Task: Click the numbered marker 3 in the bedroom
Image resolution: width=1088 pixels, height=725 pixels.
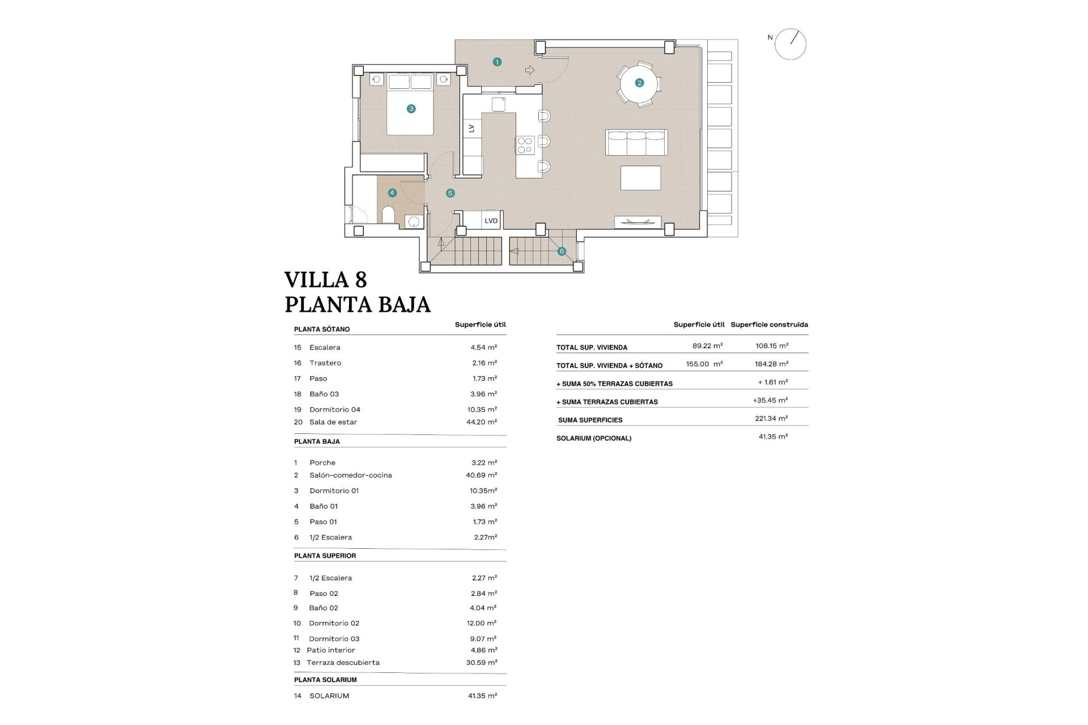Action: pos(411,109)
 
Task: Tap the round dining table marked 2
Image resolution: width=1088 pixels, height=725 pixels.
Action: pos(639,83)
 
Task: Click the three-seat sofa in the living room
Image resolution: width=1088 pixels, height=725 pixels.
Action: pos(636,143)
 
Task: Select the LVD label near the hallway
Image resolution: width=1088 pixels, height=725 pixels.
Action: pos(491,221)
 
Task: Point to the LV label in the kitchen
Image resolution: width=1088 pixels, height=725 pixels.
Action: pos(471,129)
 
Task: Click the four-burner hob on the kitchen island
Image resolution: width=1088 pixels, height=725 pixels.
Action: pos(525,146)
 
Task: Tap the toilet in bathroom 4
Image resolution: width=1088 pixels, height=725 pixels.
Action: pos(389,215)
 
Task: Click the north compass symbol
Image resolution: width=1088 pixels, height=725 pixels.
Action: pos(790,44)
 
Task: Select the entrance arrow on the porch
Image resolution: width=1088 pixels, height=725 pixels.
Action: pos(530,70)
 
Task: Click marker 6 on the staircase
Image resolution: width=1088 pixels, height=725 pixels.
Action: pos(562,251)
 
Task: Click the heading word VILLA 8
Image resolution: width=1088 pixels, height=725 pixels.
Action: pos(325,280)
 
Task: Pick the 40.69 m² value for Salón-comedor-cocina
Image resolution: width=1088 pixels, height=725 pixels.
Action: pos(481,475)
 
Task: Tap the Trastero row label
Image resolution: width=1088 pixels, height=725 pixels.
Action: pos(325,363)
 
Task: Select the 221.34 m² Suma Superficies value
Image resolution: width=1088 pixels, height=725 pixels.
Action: pos(771,419)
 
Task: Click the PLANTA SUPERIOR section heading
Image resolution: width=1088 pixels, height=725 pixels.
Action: pos(325,556)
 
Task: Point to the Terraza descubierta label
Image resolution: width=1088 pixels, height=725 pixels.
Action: pos(343,663)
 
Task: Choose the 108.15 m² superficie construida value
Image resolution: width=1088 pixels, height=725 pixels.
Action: pos(772,346)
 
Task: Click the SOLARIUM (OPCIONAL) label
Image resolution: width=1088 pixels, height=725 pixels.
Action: pos(593,438)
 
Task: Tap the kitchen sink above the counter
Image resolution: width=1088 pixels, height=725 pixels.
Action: pos(498,104)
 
